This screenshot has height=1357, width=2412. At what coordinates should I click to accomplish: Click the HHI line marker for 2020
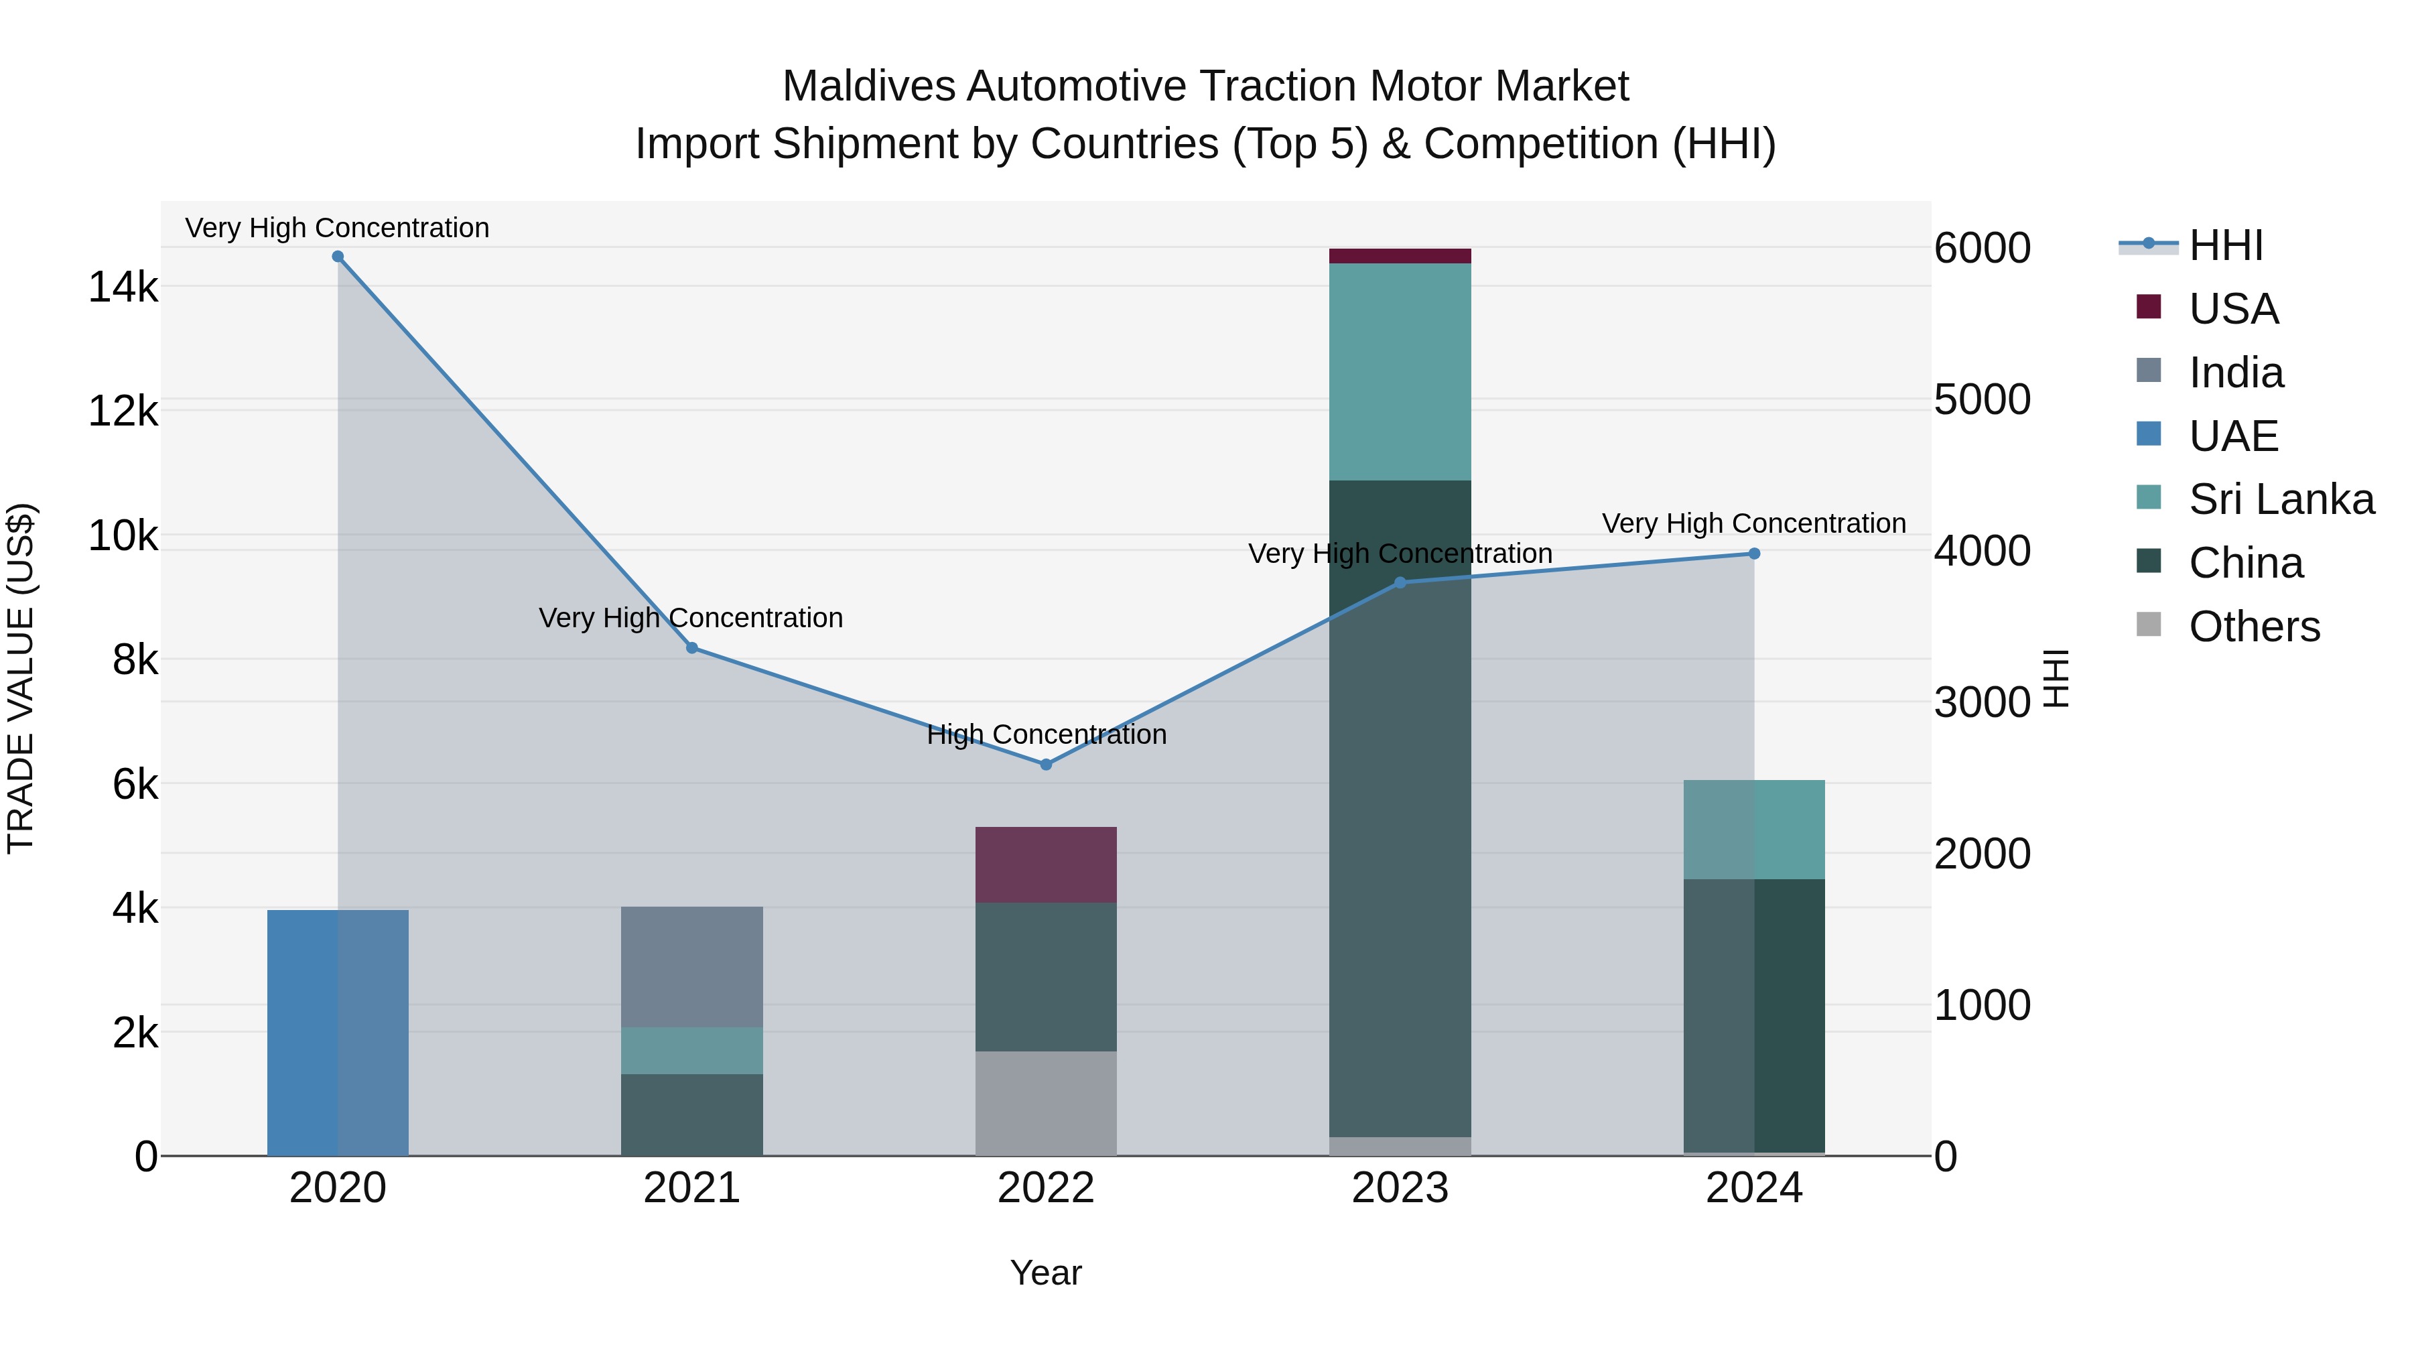tap(338, 257)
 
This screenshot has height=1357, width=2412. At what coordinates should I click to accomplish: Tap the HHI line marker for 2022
tap(1046, 764)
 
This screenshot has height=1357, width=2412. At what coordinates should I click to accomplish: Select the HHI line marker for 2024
tap(1754, 554)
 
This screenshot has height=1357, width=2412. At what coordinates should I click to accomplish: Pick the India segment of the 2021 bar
tap(692, 966)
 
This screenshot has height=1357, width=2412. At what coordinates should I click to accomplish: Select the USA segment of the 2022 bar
tap(1046, 864)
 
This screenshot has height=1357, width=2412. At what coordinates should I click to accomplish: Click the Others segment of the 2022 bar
tap(1046, 1103)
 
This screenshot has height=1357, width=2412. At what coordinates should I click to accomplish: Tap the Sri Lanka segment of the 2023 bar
tap(1400, 372)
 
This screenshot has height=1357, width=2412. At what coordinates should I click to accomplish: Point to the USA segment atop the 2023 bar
tap(1400, 256)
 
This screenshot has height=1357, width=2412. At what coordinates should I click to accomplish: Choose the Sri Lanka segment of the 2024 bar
tap(1754, 829)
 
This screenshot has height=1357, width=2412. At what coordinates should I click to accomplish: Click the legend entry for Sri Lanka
tap(2281, 499)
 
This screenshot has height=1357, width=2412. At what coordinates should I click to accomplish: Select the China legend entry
tap(2245, 563)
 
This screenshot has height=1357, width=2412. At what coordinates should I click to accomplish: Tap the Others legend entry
tap(2254, 627)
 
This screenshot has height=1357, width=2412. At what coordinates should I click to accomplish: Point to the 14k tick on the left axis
tap(123, 287)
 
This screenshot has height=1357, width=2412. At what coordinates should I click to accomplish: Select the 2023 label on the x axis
tap(1400, 1188)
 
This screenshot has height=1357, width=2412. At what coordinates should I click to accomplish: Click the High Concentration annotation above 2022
tap(1046, 734)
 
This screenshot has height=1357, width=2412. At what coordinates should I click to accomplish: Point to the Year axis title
tap(1046, 1273)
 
